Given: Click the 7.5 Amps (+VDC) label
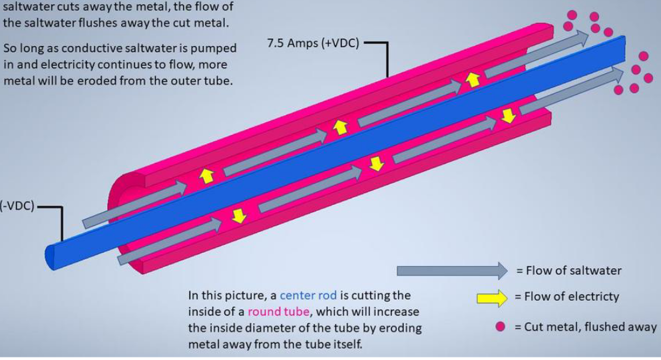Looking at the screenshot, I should [313, 44].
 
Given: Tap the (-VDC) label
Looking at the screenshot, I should [17, 207].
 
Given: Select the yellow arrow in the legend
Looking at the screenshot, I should [492, 297].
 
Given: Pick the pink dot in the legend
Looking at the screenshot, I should [500, 326].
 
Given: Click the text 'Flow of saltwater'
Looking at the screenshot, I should [569, 271].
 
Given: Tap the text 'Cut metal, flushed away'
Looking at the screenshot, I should [586, 327].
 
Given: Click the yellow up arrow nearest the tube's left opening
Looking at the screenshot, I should [207, 176].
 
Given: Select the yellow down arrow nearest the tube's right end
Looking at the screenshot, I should [509, 116].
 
